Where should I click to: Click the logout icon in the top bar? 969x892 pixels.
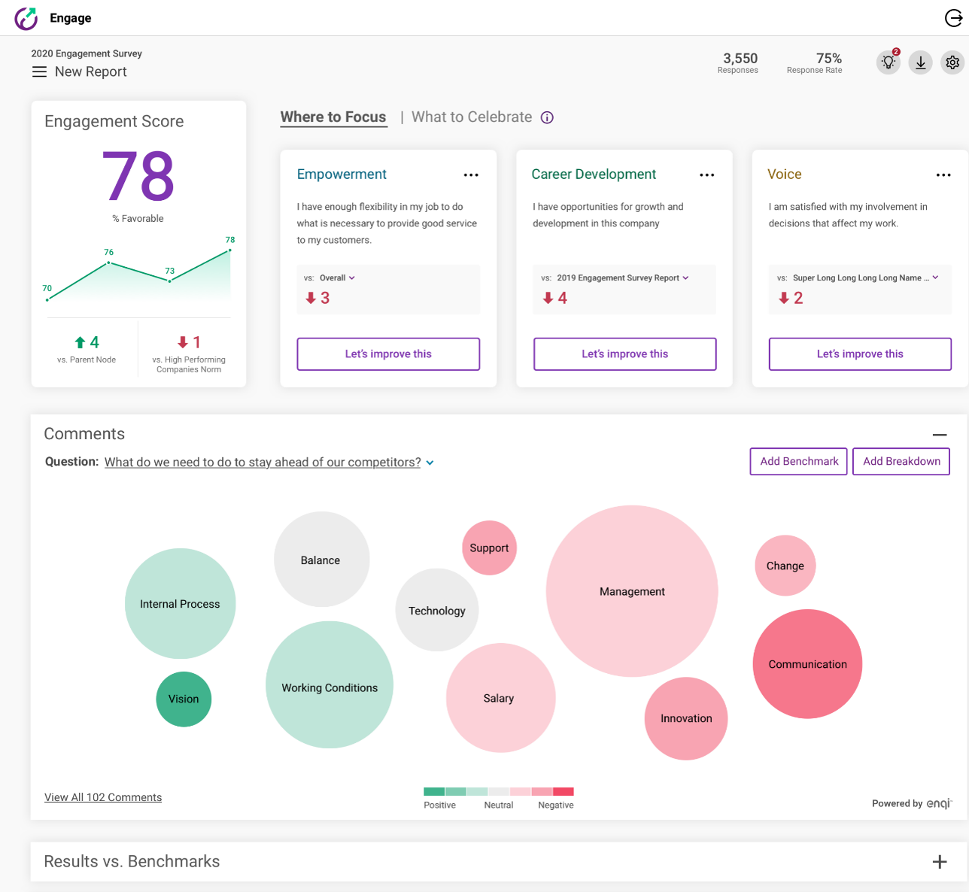pyautogui.click(x=953, y=18)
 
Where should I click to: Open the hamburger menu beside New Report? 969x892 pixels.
pyautogui.click(x=39, y=72)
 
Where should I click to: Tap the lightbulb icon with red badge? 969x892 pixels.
pyautogui.click(x=889, y=62)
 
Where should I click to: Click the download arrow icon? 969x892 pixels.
pyautogui.click(x=920, y=62)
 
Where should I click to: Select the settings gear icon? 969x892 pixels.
pyautogui.click(x=952, y=62)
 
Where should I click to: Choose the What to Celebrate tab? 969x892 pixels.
pyautogui.click(x=472, y=117)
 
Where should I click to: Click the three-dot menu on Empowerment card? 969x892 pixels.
pyautogui.click(x=471, y=175)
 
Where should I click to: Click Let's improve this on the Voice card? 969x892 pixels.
pyautogui.click(x=860, y=354)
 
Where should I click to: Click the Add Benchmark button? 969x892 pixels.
pyautogui.click(x=799, y=462)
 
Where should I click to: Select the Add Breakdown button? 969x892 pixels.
pyautogui.click(x=901, y=462)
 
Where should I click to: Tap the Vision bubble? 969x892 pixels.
pyautogui.click(x=184, y=699)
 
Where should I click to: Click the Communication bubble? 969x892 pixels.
pyautogui.click(x=807, y=664)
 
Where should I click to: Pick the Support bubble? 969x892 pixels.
pyautogui.click(x=489, y=548)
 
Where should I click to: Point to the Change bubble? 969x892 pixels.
pyautogui.click(x=785, y=566)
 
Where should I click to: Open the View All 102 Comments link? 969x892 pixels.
pyautogui.click(x=103, y=797)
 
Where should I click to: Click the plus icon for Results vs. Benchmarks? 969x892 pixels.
pyautogui.click(x=940, y=862)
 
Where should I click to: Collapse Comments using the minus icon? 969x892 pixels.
pyautogui.click(x=940, y=435)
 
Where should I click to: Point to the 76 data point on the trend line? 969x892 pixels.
pyautogui.click(x=109, y=262)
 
